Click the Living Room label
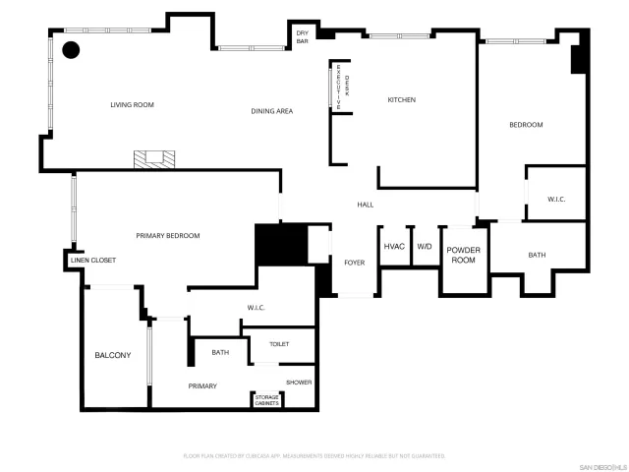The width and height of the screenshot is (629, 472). pos(132,104)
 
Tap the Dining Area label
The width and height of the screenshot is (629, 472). pos(271,111)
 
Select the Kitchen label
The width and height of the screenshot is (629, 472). pos(401,100)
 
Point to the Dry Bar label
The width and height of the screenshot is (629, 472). pos(303,37)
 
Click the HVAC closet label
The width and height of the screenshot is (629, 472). pos(394,247)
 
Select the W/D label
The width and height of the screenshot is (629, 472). pos(425,247)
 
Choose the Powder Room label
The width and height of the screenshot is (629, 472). pos(463,256)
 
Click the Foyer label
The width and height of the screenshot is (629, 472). pos(354,263)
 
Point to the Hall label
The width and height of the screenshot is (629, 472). pos(365,205)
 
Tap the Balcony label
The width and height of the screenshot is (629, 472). pos(112,355)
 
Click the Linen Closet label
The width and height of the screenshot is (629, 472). pos(92,261)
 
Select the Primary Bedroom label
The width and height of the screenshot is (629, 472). pos(168,236)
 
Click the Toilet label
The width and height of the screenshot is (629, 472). pos(280,343)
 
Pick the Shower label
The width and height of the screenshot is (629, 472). pos(299,382)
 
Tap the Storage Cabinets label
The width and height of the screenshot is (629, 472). pos(267,401)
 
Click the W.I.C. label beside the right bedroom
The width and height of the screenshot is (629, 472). pos(556,200)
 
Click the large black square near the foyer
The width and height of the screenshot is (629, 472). pos(280,245)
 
